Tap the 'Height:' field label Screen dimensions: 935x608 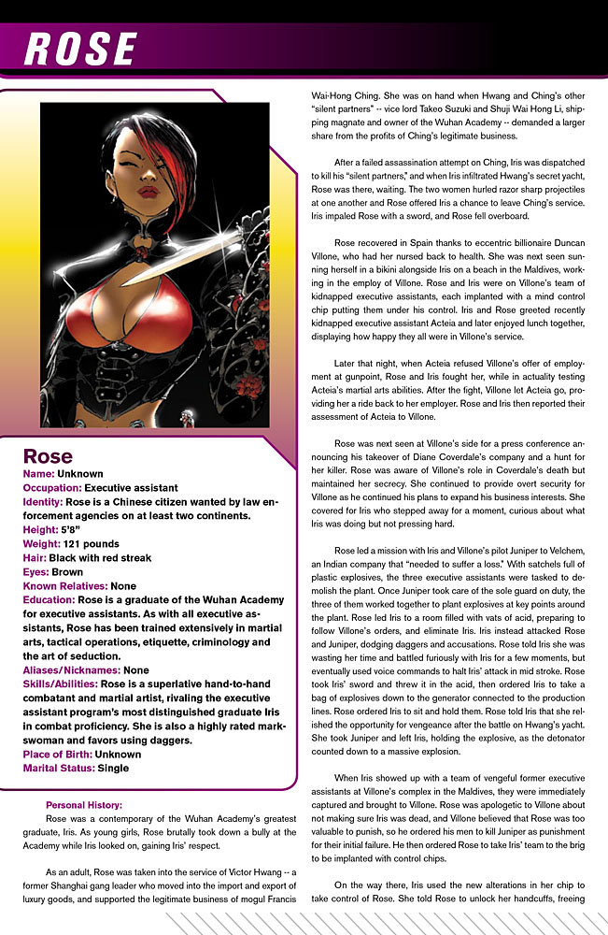pyautogui.click(x=44, y=528)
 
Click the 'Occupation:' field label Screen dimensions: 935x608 pyautogui.click(x=51, y=488)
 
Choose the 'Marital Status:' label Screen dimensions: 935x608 pyautogui.click(x=63, y=768)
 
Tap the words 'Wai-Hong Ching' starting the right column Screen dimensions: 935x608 pyautogui.click(x=347, y=94)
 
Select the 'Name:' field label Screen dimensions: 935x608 pyautogui.click(x=38, y=474)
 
